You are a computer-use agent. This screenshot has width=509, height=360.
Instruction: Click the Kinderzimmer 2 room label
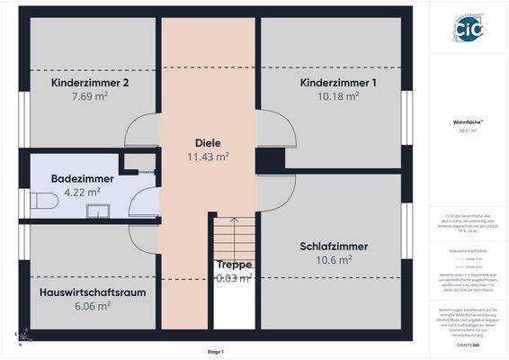pyautogui.click(x=90, y=83)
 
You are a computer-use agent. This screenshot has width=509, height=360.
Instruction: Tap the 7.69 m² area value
pyautogui.click(x=90, y=96)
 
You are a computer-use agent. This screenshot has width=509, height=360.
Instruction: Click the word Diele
pyautogui.click(x=208, y=142)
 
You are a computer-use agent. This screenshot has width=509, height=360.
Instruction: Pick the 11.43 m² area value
pyautogui.click(x=208, y=156)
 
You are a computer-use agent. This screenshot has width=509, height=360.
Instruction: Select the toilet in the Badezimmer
pyautogui.click(x=41, y=201)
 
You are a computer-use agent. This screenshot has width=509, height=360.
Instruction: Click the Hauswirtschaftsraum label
pyautogui.click(x=93, y=292)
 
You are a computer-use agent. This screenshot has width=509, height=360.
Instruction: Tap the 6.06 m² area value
pyautogui.click(x=92, y=306)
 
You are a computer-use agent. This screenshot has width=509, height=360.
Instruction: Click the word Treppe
pyautogui.click(x=234, y=265)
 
